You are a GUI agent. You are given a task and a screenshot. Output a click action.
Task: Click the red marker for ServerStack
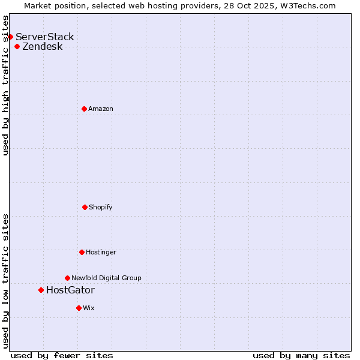point(10,37)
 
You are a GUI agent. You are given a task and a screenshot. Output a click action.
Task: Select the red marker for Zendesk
point(17,46)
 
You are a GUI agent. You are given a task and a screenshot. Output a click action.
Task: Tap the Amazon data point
point(84,109)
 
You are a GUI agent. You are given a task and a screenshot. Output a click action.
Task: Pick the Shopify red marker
point(85,207)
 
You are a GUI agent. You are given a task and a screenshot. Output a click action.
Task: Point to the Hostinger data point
point(82,252)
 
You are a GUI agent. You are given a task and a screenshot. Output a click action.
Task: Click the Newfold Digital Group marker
point(67,278)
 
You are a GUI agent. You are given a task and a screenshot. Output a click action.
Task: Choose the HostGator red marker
point(41,290)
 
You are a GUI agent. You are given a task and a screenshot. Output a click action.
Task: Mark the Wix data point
point(79,308)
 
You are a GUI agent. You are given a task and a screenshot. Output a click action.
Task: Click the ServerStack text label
point(45,37)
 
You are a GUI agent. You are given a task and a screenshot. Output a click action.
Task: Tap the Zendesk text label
point(43,46)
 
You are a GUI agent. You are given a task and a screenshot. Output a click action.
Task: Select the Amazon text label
point(101,109)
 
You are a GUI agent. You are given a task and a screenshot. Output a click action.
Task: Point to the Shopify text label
point(101,207)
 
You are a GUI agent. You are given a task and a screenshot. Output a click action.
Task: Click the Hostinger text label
point(101,252)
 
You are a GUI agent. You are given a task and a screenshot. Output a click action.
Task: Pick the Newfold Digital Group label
point(107,278)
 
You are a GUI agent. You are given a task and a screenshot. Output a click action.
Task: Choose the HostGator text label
point(70,290)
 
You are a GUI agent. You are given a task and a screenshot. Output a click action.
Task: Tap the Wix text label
point(89,308)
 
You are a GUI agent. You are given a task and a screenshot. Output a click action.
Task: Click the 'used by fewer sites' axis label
point(62,355)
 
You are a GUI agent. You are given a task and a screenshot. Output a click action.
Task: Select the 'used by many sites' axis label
point(301,355)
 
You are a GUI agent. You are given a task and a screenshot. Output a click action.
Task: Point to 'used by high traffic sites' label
point(6,85)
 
